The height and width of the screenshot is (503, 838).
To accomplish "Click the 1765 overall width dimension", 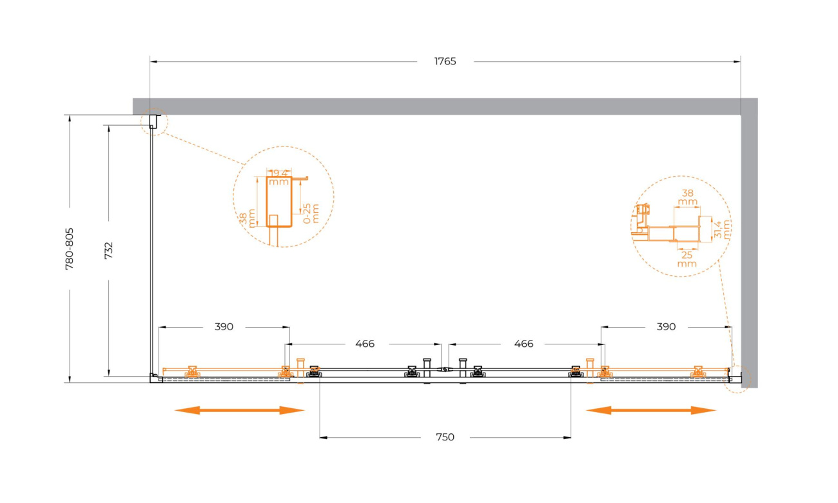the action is click(445, 61).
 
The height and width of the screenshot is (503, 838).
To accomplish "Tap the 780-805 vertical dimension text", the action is click(70, 249).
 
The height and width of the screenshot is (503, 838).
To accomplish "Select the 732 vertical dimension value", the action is click(108, 251).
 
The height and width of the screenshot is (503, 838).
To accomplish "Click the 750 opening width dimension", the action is click(445, 437).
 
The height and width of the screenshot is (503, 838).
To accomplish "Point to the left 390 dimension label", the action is click(224, 327).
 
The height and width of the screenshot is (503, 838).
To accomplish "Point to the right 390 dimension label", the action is click(667, 327).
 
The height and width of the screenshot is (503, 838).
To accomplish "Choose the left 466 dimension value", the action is click(365, 344).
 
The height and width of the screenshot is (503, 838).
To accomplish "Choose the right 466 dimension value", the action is click(523, 344).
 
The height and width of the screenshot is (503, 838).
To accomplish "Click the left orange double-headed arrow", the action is click(239, 410).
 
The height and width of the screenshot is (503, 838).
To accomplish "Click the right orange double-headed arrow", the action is click(651, 410).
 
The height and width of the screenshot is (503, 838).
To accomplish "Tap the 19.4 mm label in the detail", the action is click(278, 178).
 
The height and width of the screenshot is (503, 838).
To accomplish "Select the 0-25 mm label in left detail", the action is click(311, 213).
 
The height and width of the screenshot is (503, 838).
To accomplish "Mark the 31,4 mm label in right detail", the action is click(722, 230).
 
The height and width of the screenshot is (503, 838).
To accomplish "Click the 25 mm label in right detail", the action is click(687, 259).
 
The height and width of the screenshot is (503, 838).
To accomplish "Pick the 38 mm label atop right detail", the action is click(688, 197).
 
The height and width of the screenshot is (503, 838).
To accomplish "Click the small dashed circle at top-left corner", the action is click(155, 122).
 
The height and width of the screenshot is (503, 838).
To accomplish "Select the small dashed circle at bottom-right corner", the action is click(737, 379).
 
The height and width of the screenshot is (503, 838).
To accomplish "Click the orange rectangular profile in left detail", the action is click(279, 202).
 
